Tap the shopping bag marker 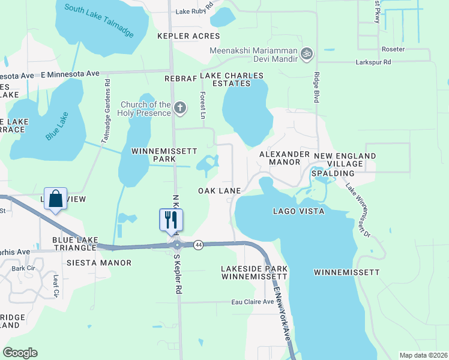[x=55, y=199]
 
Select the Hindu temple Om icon [x=307, y=53]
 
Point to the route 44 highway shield [x=198, y=245]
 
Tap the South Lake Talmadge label [x=99, y=19]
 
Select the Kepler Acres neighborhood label [x=188, y=37]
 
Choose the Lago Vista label [x=298, y=211]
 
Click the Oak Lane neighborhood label [x=219, y=191]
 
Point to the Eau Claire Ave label [x=253, y=302]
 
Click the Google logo [x=20, y=353]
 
